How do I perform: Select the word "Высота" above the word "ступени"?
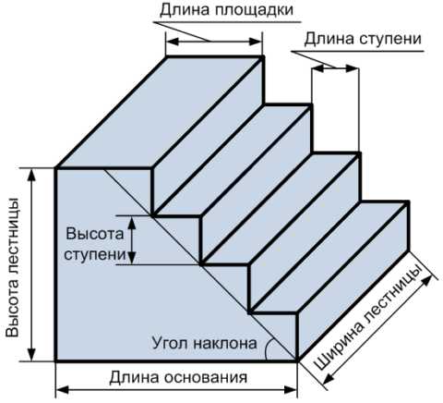pos(94,234)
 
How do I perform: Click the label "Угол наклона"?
pos(204,343)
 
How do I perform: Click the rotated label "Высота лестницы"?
pos(13,267)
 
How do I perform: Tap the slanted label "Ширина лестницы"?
pos(366,317)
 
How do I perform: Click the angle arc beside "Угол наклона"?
pos(267,348)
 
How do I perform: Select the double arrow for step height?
pos(132,239)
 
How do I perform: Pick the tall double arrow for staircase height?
pos(31,264)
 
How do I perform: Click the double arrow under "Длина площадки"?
pos(214,42)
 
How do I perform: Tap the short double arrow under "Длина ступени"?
pos(335,68)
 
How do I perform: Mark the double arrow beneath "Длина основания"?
pos(176,390)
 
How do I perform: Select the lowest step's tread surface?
pos(329,258)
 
